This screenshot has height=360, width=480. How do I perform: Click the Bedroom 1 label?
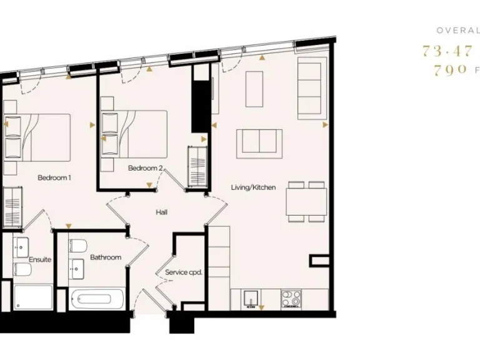pos(54,177)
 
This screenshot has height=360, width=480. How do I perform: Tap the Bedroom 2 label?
pos(146,168)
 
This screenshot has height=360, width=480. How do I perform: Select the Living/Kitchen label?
pos(253,187)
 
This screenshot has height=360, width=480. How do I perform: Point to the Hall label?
pos(162,212)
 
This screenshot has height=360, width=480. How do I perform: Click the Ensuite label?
pos(39,259)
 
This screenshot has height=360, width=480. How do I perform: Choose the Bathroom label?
pos(106,257)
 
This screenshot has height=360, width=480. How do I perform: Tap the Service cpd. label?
pos(184,272)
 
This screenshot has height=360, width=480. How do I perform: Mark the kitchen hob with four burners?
pos(290,299)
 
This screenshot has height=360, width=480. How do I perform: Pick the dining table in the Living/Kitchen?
pos(307,202)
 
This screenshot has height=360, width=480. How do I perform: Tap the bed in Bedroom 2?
pos(141,132)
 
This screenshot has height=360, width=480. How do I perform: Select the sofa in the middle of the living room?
pos(259,143)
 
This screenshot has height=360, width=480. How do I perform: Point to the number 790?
pos(450,71)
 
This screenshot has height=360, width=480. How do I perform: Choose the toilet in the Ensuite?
pos(21,269)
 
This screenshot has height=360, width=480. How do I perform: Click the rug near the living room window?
pos(254,89)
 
